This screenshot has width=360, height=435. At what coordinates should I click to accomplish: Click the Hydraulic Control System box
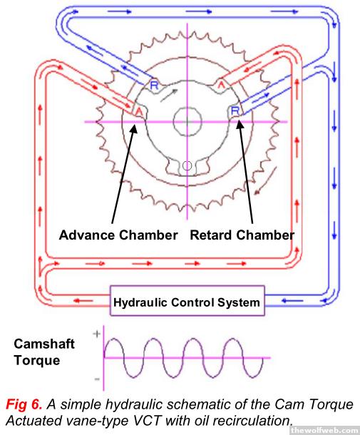pos(187,301)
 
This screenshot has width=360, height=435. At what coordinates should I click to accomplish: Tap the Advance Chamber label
pos(118,235)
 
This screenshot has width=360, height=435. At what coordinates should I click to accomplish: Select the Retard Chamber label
pos(242,235)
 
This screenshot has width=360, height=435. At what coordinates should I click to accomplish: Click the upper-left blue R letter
pos(154,85)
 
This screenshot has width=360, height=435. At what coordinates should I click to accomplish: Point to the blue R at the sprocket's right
pos(235,111)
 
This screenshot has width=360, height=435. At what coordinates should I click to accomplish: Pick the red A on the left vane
pos(139,112)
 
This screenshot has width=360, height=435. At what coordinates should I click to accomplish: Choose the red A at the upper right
pos(221,84)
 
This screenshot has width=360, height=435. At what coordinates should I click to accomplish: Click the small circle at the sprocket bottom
pos(187,166)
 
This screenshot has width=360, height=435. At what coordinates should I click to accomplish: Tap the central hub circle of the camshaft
pos(187,121)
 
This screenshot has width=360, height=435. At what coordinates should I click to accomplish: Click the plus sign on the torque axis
pos(96,334)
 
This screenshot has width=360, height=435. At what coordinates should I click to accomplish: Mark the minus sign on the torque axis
pos(97,379)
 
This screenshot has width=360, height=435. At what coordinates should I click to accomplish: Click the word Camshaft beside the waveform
pos(44,344)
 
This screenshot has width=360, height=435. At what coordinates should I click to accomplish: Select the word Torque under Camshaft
pos(37,361)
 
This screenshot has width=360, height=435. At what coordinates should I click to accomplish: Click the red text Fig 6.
pos(24,404)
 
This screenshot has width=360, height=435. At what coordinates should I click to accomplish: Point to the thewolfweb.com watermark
pos(325,430)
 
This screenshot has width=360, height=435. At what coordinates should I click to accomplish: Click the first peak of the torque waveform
pos(114,339)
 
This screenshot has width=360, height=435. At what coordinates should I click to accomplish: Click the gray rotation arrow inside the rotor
pos(170,96)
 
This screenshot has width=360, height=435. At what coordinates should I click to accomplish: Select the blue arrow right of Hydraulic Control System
pos(292,301)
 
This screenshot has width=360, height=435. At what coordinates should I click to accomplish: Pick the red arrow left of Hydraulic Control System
pos(83,301)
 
